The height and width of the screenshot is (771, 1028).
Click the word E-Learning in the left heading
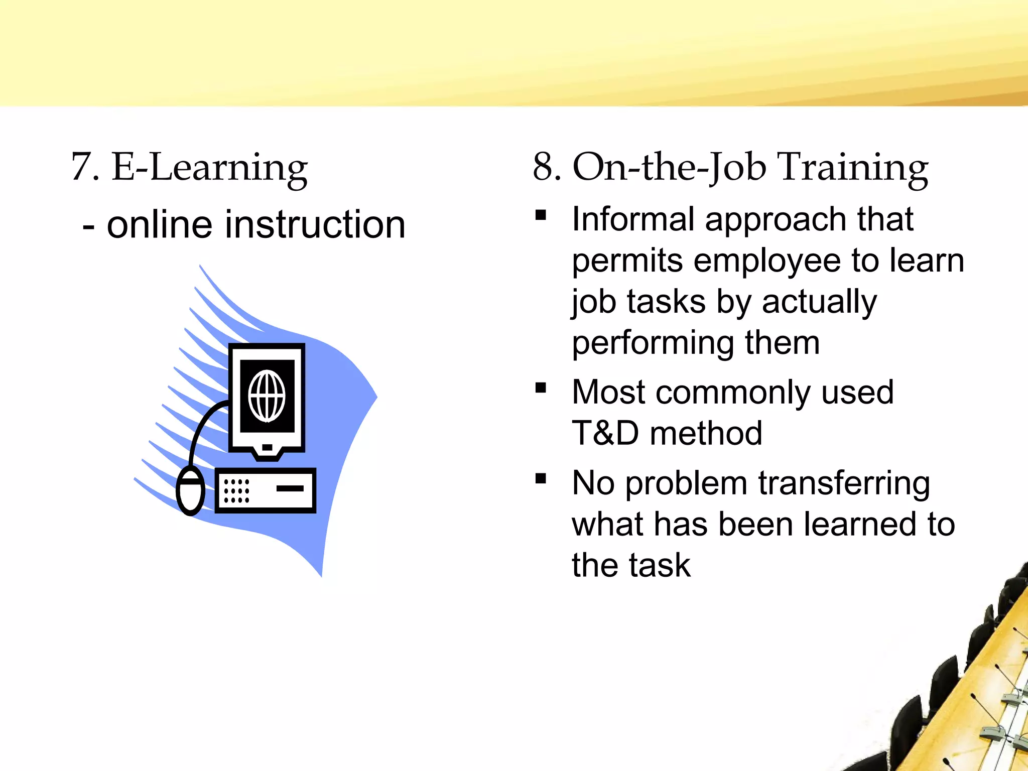(x=209, y=168)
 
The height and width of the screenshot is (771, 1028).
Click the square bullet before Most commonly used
(x=541, y=388)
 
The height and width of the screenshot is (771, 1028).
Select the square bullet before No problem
(x=541, y=478)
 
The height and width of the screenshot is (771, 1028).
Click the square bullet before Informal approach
(x=541, y=215)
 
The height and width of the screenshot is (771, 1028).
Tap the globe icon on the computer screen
(x=267, y=396)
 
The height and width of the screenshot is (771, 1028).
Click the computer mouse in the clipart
(x=191, y=490)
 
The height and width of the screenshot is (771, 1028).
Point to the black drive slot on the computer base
(x=290, y=488)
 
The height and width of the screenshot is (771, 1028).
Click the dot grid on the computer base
(x=236, y=490)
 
